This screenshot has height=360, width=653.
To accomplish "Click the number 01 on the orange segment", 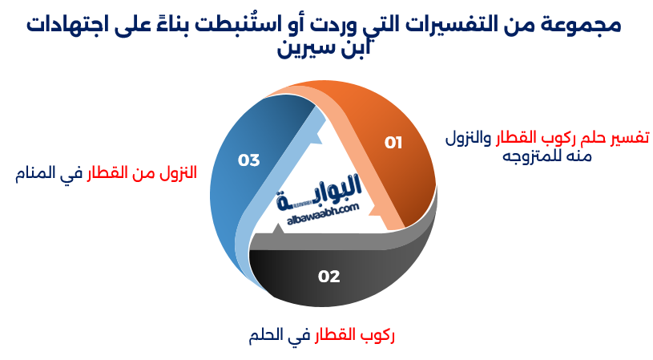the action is tap(393, 143).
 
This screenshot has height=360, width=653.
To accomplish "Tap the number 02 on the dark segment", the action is tap(329, 277).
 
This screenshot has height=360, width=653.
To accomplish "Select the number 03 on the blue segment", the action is tap(248, 160).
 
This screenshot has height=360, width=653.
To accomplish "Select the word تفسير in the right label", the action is tap(630, 137).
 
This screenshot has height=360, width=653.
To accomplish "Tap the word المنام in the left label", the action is tap(35, 173).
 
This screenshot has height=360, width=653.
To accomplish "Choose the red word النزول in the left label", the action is tap(179, 172).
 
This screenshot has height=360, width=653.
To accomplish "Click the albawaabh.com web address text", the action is tap(323, 214).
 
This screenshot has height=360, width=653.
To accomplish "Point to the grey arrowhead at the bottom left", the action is tap(276, 230).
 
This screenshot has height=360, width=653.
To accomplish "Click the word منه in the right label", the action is tap(579, 156).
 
